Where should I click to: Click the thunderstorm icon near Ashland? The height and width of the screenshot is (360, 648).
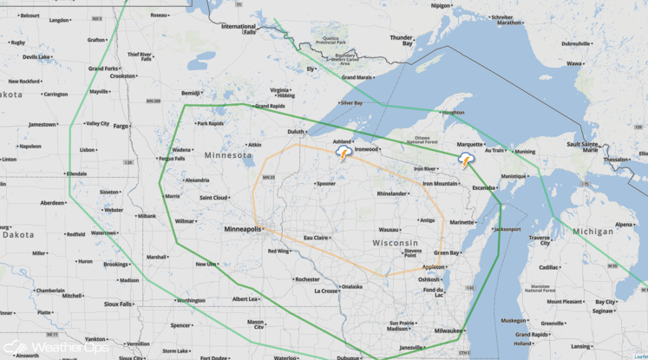point(344,154)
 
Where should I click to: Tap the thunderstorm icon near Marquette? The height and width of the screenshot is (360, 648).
point(466,160)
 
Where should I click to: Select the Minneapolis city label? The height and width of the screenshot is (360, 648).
point(242,229)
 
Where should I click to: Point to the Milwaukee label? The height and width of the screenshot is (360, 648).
point(448,331)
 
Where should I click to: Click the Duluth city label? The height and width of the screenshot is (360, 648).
point(297,132)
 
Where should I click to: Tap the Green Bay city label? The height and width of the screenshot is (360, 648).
point(446,252)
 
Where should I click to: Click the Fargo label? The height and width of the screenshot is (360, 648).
point(121,126)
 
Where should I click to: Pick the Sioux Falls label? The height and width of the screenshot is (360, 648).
point(118,304)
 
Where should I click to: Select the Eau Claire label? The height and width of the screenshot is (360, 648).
point(315,237)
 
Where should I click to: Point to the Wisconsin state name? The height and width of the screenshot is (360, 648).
point(395,243)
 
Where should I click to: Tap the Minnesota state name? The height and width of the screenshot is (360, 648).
point(227,155)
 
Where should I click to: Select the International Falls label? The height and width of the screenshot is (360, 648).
point(239,29)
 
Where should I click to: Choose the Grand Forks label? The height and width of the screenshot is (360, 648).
point(103,69)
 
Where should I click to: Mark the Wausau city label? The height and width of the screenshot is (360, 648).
point(389,229)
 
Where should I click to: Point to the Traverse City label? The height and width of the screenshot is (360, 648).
point(540,240)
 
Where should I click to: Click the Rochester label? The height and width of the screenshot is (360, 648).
point(307,279)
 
